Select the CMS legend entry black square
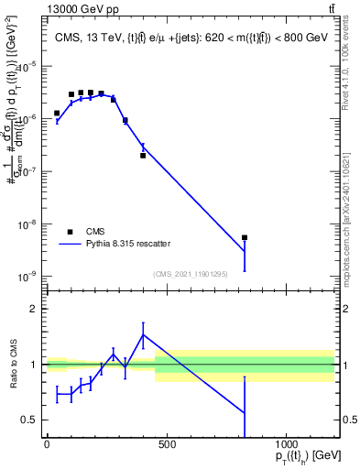tap(70, 232)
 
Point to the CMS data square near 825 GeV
tap(245, 237)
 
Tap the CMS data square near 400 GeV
tap(143, 155)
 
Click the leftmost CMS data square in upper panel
tap(57, 114)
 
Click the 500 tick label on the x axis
tap(167, 445)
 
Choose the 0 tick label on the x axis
tap(47, 445)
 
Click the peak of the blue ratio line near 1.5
tap(143, 335)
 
